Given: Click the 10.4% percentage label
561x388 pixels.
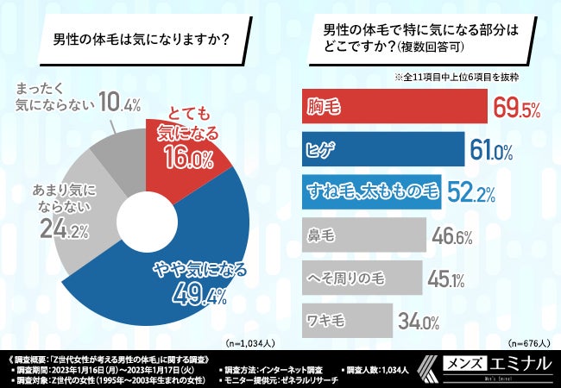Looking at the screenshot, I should pos(119,105).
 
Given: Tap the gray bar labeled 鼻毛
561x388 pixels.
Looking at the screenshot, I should pos(362,235).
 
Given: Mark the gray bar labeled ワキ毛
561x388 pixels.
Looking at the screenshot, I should pos(345,321).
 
